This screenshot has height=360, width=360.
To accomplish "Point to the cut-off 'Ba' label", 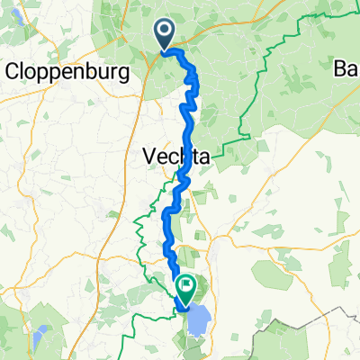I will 346,69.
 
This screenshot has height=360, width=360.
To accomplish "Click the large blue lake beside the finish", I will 200,317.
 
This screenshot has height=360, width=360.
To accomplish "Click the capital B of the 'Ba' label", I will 340,69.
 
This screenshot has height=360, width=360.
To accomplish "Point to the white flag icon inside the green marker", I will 186,287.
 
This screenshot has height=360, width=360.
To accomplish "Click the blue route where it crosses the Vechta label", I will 184,158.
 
